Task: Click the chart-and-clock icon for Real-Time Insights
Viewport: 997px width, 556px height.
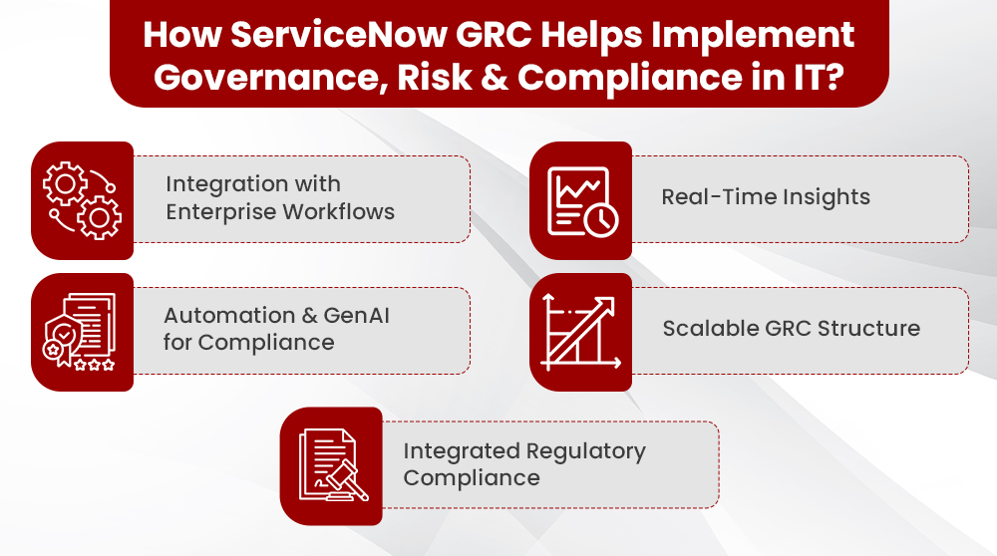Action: [580, 200]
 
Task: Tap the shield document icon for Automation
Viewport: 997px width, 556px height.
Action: [82, 332]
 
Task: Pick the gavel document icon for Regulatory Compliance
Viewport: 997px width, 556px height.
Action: [331, 465]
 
